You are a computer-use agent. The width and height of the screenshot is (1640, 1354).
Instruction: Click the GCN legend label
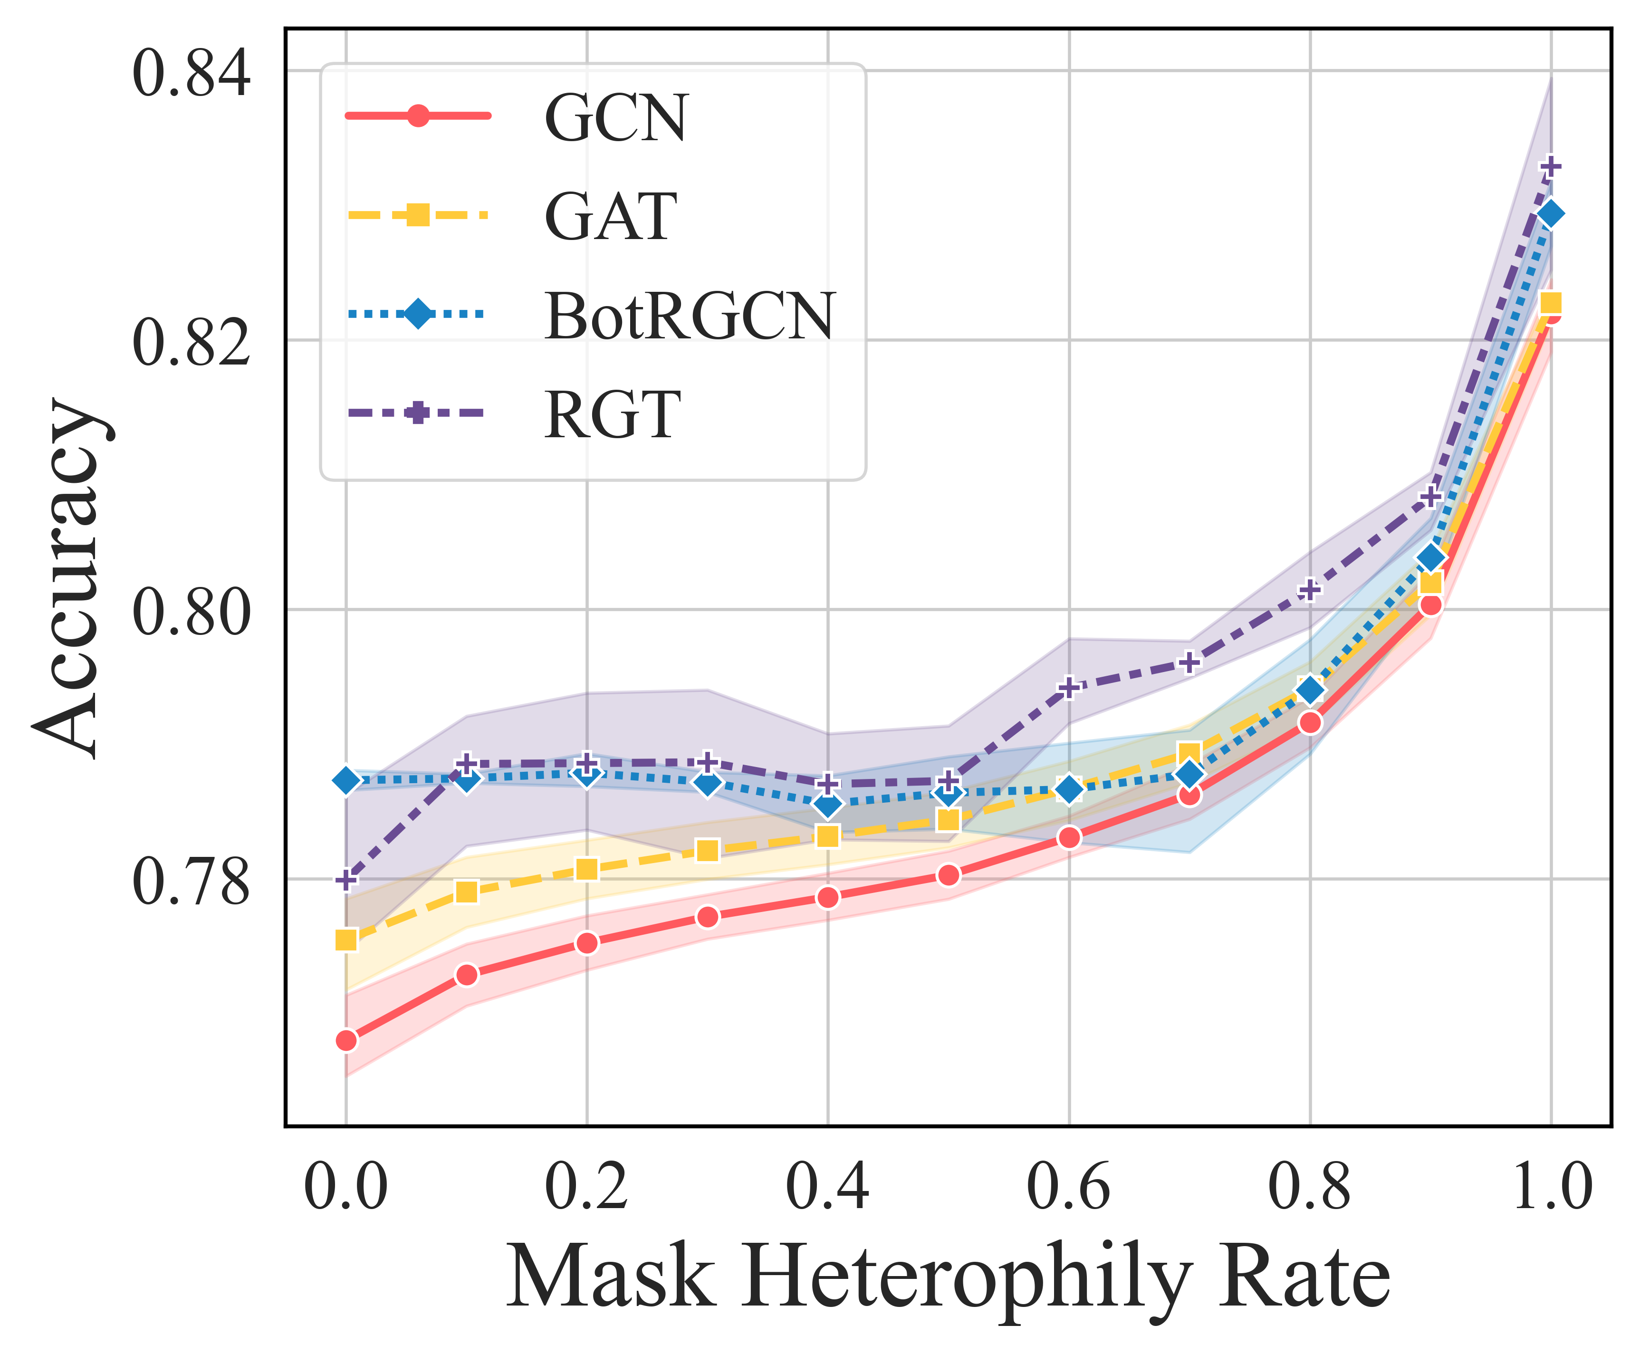615,118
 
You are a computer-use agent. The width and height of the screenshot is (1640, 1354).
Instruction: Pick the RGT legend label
612,416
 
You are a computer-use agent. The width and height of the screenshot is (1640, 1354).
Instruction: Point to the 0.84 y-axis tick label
191,73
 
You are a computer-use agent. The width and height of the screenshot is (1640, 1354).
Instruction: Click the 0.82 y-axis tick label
191,342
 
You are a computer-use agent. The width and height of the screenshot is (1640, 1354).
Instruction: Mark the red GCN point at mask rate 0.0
346,1040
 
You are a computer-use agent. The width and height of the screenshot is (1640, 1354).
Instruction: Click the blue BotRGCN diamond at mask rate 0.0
346,780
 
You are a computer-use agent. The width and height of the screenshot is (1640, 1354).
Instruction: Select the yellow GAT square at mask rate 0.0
346,940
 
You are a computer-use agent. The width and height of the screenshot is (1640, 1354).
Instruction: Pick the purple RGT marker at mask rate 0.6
1069,687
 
